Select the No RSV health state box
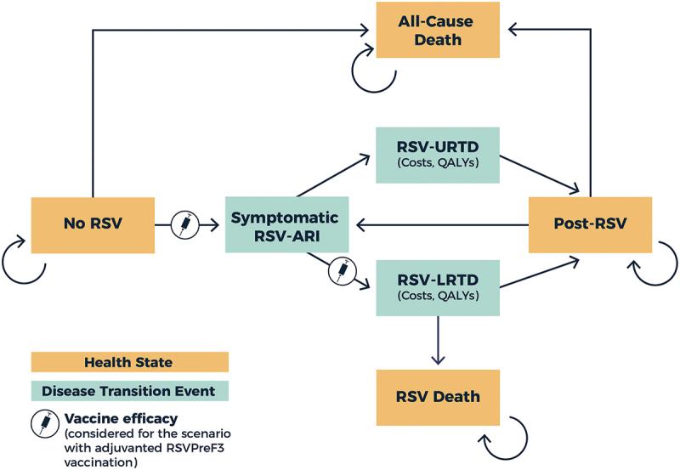(x=92, y=225)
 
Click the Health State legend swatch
(x=130, y=362)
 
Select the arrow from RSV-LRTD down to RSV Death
(x=438, y=339)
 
